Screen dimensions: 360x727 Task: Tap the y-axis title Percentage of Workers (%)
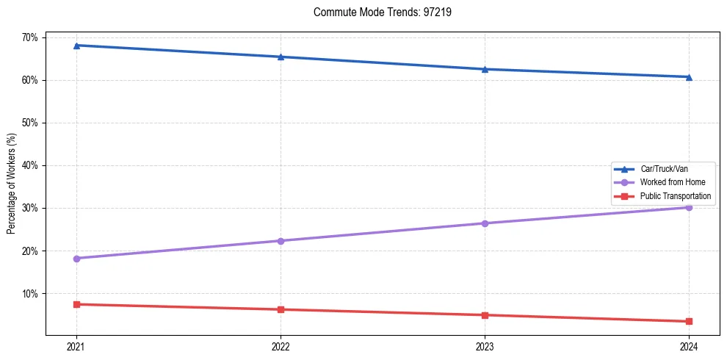tap(12, 184)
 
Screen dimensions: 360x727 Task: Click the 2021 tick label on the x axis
tap(76, 346)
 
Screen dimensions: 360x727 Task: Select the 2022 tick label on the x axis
tap(280, 346)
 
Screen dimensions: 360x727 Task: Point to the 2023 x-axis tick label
tap(485, 346)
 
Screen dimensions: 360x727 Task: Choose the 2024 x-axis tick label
tap(689, 346)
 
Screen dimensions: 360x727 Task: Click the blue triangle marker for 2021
tap(76, 46)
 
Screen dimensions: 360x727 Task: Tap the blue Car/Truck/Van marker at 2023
tap(485, 69)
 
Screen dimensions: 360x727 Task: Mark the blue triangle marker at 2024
tap(689, 77)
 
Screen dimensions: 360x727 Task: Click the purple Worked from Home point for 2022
tap(280, 241)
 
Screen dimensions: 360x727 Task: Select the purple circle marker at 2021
tap(76, 259)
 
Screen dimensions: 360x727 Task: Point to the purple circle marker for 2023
tap(485, 223)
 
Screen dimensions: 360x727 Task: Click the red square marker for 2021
tap(76, 304)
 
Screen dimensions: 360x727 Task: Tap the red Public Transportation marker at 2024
tap(689, 321)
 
